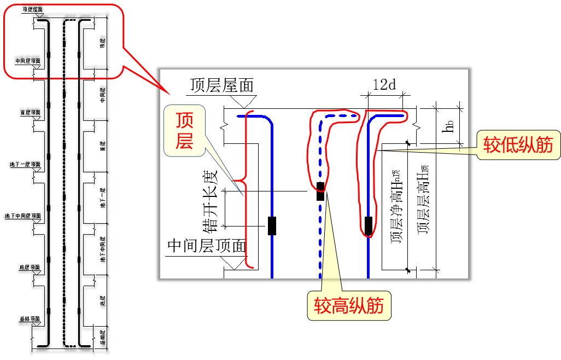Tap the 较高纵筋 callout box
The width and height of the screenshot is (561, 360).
349,305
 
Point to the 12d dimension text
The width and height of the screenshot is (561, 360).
384,85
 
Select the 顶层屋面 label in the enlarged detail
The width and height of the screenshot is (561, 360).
222,85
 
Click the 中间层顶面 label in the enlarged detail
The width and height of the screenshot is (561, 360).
207,246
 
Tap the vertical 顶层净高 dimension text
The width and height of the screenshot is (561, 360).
396,208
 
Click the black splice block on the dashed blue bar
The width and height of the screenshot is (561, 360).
320,192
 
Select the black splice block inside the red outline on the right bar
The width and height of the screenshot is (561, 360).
369,225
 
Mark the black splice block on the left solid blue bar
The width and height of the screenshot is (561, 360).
272,225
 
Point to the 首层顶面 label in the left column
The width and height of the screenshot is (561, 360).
30,113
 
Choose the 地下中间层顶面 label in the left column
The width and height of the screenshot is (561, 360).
22,216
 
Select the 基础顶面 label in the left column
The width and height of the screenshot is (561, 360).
30,319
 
